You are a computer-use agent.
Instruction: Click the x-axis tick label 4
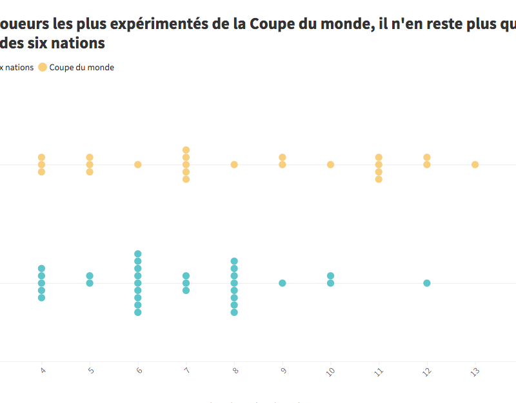42,371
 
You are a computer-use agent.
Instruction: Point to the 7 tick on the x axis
186,371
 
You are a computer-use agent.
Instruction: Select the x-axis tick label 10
330,372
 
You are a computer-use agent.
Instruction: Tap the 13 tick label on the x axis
475,372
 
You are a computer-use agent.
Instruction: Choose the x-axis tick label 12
426,372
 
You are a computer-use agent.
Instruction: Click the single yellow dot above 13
475,164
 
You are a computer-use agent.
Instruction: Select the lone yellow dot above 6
138,164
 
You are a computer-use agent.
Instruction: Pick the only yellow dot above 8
234,164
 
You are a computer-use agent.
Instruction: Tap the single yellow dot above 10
330,164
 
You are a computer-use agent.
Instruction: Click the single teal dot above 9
283,283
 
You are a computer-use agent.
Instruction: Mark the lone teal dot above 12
427,283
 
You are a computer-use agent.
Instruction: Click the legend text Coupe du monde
82,68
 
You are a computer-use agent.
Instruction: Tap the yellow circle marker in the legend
43,68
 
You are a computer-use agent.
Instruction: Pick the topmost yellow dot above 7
186,150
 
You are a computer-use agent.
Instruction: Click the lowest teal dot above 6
138,312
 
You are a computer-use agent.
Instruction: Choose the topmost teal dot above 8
234,261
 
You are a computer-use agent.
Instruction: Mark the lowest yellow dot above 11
379,179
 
